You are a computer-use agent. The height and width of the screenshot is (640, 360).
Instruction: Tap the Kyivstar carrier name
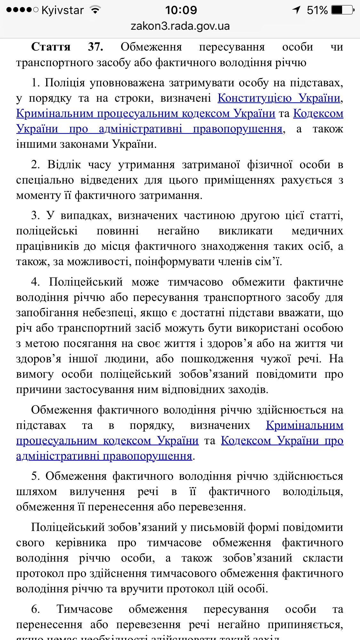click(x=62, y=10)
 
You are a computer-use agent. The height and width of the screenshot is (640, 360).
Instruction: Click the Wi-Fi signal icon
click(x=95, y=10)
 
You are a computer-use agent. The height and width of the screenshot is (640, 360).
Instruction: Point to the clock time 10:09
click(x=181, y=10)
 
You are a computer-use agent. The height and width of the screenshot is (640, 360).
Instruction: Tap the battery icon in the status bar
click(x=343, y=10)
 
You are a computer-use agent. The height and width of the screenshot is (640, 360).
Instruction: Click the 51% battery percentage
click(x=317, y=10)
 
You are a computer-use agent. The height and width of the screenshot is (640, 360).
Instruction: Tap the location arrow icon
click(x=297, y=10)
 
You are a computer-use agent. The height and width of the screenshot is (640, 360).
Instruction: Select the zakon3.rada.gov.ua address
click(x=180, y=26)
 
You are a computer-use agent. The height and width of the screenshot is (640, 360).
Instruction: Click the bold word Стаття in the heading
click(x=51, y=47)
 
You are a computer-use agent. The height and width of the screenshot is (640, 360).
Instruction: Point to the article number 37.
click(x=95, y=47)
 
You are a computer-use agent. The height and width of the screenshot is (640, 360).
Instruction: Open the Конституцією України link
click(x=279, y=98)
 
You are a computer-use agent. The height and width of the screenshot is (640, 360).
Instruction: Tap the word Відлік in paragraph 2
click(x=64, y=165)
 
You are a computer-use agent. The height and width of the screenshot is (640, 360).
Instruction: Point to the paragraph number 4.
click(x=35, y=282)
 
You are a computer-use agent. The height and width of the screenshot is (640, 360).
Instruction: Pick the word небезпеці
click(x=108, y=312)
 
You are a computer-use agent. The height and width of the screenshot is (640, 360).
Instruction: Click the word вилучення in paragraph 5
click(x=97, y=492)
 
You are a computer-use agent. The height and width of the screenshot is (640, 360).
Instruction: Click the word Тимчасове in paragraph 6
click(x=84, y=609)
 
